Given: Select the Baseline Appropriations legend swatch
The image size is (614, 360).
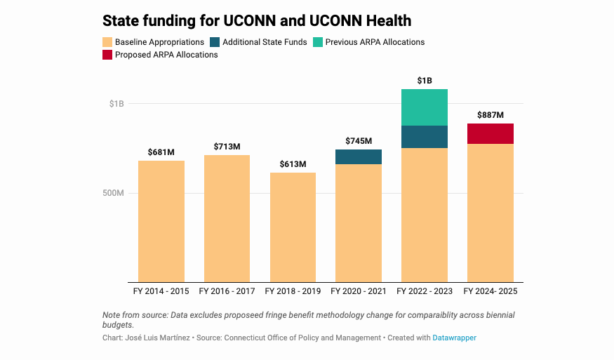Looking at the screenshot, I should [x=107, y=42].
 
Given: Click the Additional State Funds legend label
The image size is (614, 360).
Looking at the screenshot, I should [x=265, y=42].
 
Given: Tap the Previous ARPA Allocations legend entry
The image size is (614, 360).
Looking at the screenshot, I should [x=375, y=42].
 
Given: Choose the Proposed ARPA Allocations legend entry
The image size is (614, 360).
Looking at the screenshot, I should [x=166, y=55].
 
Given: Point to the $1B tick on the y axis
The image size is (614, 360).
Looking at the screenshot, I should [x=116, y=104].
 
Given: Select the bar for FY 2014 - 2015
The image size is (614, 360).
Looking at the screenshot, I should [x=161, y=221].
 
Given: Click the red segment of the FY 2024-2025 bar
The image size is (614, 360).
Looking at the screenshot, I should [x=490, y=134].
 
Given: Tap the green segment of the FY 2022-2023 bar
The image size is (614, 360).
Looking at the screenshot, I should [x=425, y=107].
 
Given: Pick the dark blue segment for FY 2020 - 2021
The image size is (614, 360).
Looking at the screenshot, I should [x=359, y=157].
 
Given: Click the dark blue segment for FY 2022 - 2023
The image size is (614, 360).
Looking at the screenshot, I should [x=425, y=137].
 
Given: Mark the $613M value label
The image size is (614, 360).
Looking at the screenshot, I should [x=293, y=164].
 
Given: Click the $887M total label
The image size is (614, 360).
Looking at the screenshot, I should [x=490, y=115].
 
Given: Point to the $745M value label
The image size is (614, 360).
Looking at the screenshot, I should [x=359, y=141].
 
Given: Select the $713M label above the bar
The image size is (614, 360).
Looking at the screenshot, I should [x=227, y=147].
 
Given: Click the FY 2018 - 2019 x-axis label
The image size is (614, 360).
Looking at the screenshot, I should [x=293, y=291].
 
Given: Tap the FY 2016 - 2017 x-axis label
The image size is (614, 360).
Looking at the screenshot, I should [x=227, y=291].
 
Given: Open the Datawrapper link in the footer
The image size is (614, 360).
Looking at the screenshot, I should [x=455, y=338].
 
